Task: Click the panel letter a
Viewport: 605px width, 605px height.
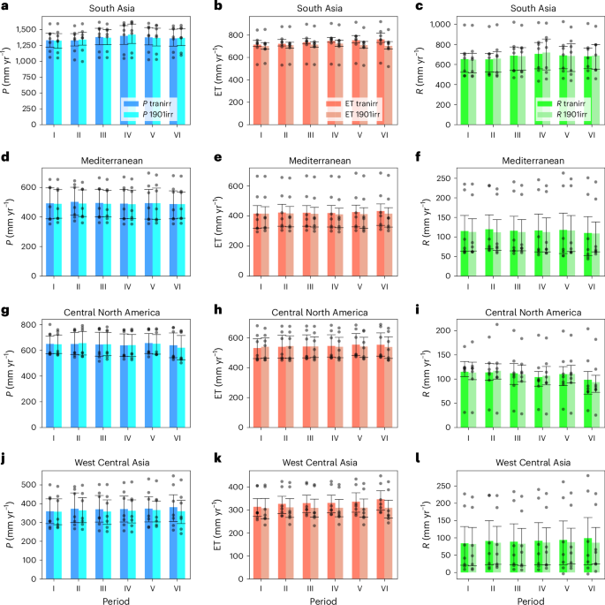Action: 5,7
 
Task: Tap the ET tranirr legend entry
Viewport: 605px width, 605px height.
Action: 349,102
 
